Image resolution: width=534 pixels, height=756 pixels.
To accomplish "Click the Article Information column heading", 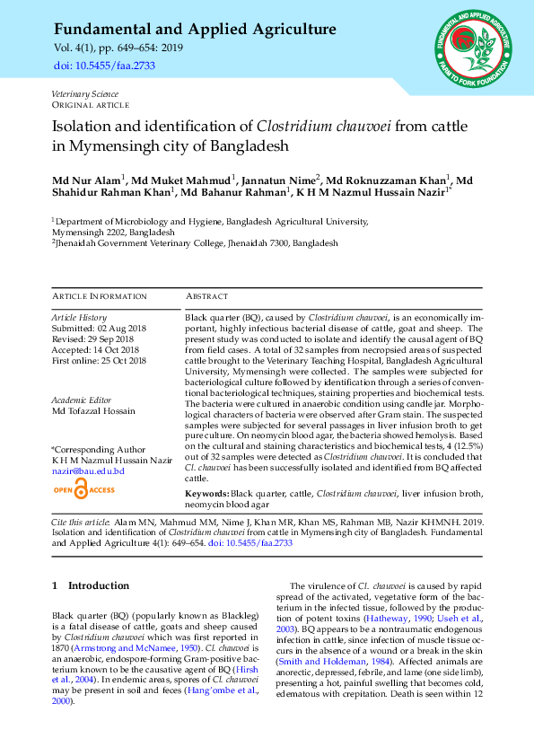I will coord(95,296).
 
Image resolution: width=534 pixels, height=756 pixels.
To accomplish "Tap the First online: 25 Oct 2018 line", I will coord(99,361).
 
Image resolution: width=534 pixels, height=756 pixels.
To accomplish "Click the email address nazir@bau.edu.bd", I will coord(88,470).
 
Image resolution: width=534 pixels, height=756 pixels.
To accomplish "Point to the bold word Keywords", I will coord(206,495).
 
